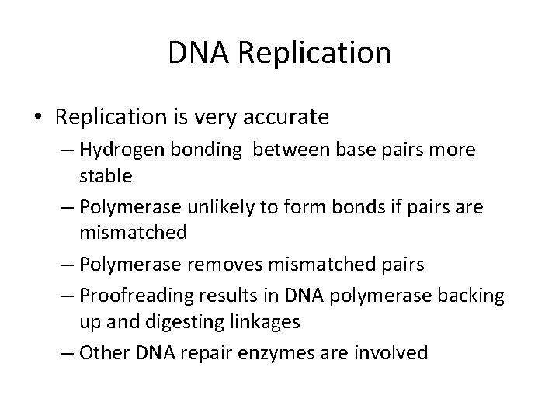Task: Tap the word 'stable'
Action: click(x=106, y=176)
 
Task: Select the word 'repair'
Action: click(x=220, y=353)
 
